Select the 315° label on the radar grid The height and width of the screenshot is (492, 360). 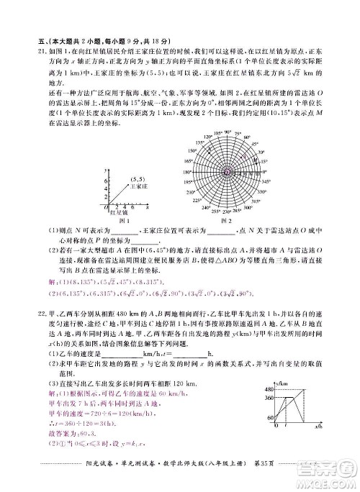click(x=258, y=203)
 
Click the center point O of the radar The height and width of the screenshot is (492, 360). click(x=227, y=173)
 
